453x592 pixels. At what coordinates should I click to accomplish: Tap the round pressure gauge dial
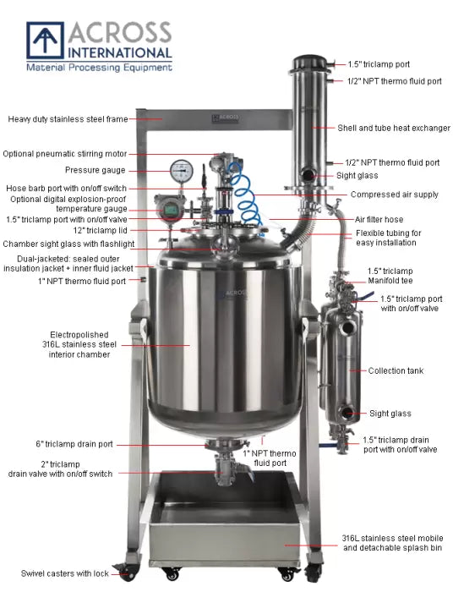pyautogui.click(x=180, y=170)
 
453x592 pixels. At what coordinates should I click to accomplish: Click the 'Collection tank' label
pyautogui.click(x=396, y=370)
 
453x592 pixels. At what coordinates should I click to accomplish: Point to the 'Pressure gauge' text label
pyautogui.click(x=100, y=170)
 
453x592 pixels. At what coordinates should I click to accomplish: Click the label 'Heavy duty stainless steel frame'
pyautogui.click(x=67, y=119)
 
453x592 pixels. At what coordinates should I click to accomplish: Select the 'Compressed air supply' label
pyautogui.click(x=394, y=195)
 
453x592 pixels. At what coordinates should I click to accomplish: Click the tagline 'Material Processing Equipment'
pyautogui.click(x=99, y=66)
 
